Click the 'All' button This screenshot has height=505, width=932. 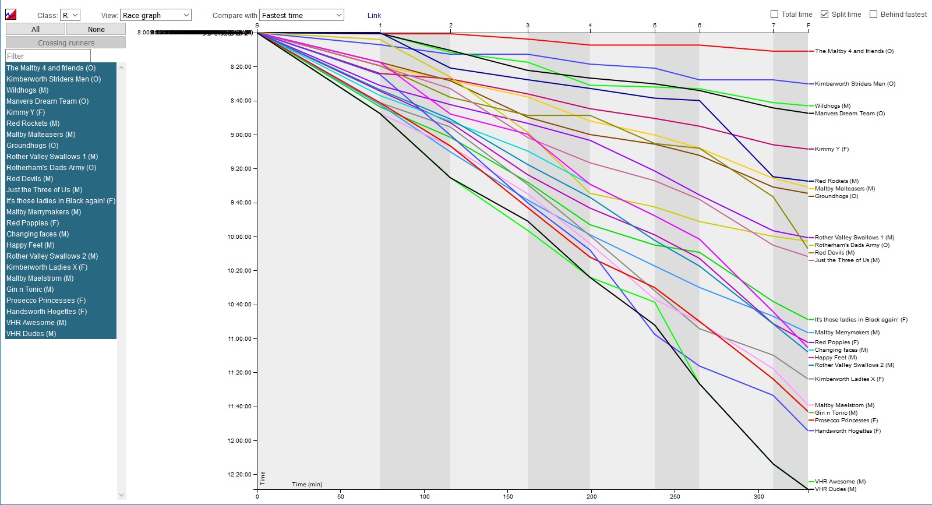(x=36, y=29)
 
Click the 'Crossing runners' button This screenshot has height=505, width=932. (x=66, y=43)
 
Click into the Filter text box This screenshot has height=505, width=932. (x=48, y=56)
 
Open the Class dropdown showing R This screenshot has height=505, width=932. (x=70, y=15)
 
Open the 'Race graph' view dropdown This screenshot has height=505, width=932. (x=156, y=15)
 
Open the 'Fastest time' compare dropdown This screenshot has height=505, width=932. (x=301, y=15)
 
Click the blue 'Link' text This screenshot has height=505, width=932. (x=374, y=16)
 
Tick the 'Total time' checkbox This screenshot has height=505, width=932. (x=775, y=15)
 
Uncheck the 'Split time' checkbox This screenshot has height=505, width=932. (x=825, y=15)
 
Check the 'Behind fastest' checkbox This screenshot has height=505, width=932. (x=873, y=15)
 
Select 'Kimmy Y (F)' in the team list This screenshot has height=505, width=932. (x=26, y=112)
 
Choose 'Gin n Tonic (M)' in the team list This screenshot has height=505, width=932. (x=30, y=289)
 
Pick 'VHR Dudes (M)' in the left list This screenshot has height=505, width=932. (x=31, y=334)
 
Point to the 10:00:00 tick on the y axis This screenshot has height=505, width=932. (x=239, y=237)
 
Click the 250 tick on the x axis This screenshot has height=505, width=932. (x=675, y=496)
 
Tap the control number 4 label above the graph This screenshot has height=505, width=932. (x=590, y=26)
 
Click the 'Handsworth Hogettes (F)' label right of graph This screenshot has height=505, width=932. (x=848, y=431)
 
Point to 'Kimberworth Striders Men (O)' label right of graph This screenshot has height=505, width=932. (x=855, y=84)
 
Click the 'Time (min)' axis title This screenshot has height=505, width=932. (x=307, y=485)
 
